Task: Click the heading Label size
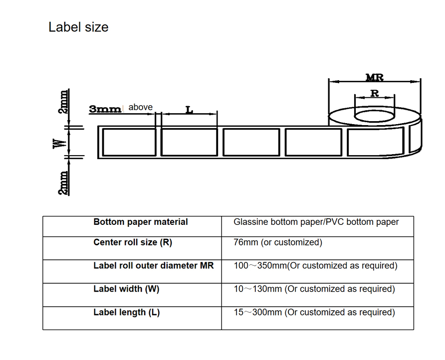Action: (x=78, y=27)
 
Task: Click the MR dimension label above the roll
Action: (x=374, y=77)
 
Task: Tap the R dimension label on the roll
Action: (x=374, y=93)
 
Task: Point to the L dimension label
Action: (x=189, y=109)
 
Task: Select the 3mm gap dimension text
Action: (x=105, y=109)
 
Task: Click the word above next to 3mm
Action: (x=141, y=107)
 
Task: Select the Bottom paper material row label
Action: (x=141, y=222)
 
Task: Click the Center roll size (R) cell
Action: (x=133, y=242)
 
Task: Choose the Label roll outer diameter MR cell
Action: (x=153, y=266)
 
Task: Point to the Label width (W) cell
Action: (x=126, y=289)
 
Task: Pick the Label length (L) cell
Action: (x=127, y=312)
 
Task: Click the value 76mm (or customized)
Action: (x=278, y=242)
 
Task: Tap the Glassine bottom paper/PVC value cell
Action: (x=316, y=222)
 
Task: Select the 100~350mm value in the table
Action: (x=315, y=266)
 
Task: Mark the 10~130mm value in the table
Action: (x=314, y=289)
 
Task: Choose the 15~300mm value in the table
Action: (x=314, y=312)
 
